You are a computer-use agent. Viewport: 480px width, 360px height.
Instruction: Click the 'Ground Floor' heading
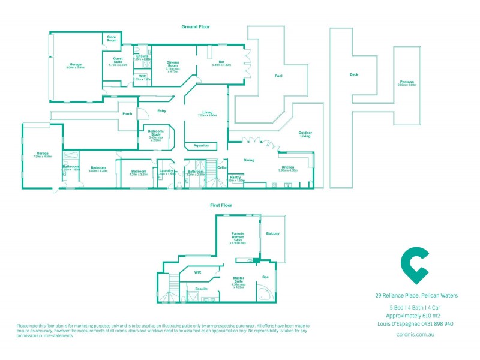click(196, 27)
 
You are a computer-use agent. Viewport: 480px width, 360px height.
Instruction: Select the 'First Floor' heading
click(221, 205)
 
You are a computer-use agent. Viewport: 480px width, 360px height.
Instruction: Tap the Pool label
click(278, 76)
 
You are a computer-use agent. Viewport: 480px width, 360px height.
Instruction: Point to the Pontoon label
click(406, 82)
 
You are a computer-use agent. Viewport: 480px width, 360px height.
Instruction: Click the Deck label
click(353, 74)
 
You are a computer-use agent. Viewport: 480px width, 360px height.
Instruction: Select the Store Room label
click(112, 38)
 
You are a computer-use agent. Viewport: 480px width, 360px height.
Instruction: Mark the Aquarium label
click(201, 145)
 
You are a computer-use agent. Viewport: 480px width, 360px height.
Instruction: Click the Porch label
click(127, 113)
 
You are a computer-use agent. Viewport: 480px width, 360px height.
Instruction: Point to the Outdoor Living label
click(305, 134)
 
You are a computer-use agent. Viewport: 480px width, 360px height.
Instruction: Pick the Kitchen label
click(287, 167)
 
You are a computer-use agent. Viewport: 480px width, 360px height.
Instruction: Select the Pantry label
click(235, 177)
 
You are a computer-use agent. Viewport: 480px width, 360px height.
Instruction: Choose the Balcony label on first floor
click(273, 233)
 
